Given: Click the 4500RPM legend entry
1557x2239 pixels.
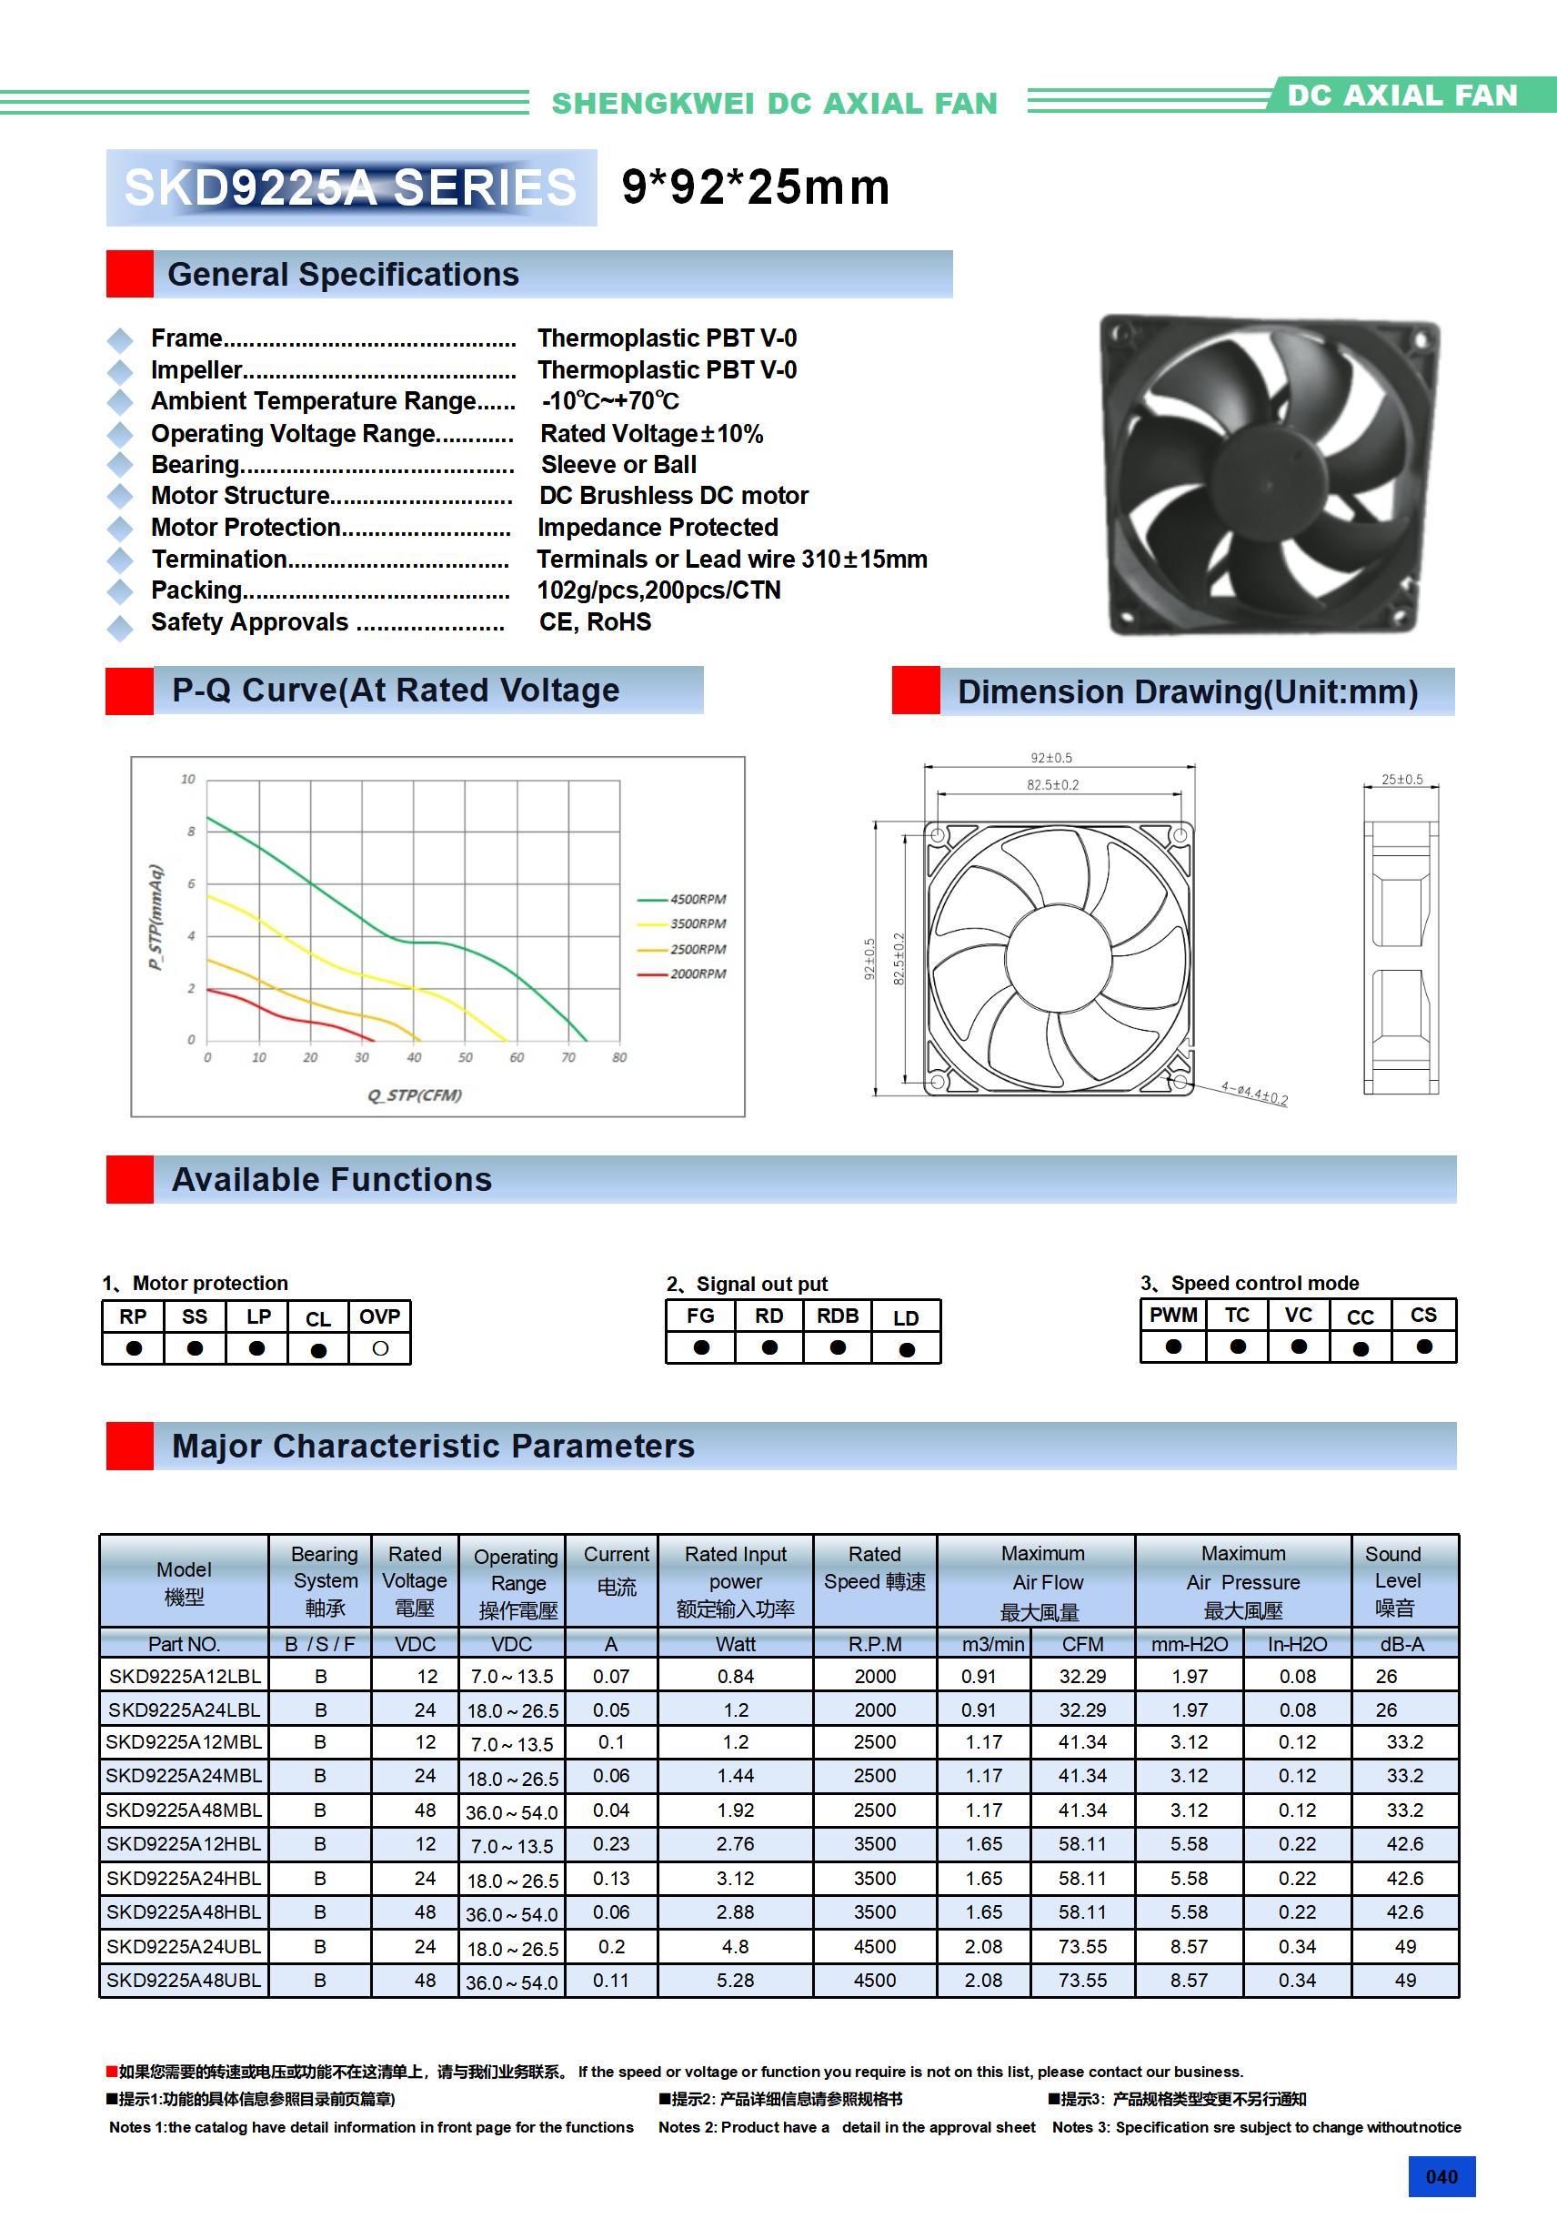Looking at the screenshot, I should coord(696,899).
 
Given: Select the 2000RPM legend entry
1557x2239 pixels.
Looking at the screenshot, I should coord(696,973).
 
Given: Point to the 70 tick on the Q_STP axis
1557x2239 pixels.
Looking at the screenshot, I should coord(568,1057).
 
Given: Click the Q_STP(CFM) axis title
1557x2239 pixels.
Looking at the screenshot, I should coord(415,1094).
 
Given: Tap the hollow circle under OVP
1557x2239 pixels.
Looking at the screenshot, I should coord(380,1348).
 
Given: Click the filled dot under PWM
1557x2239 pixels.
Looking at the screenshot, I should coord(1173,1346).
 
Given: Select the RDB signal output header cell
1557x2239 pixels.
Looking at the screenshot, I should coord(838,1316).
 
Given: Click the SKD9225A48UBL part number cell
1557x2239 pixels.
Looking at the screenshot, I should coord(184,1981).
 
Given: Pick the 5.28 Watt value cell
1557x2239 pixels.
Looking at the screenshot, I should coord(735,1981).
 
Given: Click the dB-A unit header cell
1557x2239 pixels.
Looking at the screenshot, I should coord(1402,1644).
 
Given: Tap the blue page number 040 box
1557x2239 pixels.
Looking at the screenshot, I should coord(1441,2176).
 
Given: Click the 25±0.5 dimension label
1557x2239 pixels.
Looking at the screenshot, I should coord(1402,779).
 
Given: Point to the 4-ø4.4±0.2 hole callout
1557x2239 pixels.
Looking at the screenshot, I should coord(1255,1094).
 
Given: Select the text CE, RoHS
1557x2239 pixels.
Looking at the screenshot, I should coord(596,622).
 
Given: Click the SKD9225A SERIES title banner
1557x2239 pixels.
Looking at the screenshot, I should coord(351,187).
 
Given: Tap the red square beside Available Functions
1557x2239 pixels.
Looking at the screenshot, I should coord(130,1179).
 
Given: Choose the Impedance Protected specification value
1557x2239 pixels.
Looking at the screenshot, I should coord(658,528).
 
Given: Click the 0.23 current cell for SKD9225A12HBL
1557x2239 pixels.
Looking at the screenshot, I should coord(611,1844).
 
